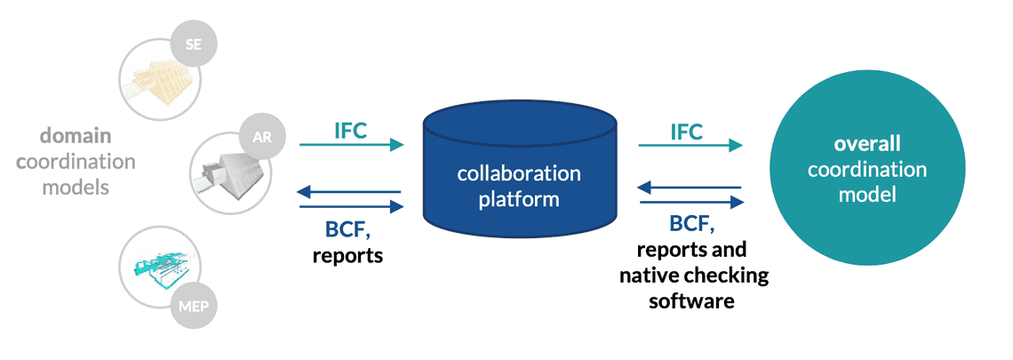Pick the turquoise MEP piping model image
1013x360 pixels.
160,267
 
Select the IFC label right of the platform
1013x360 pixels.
686,132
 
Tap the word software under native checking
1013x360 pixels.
691,300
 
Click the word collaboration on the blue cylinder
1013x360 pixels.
519,172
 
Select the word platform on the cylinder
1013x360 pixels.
519,198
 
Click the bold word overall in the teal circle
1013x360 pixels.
866,143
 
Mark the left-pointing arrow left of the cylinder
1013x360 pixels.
352,191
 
